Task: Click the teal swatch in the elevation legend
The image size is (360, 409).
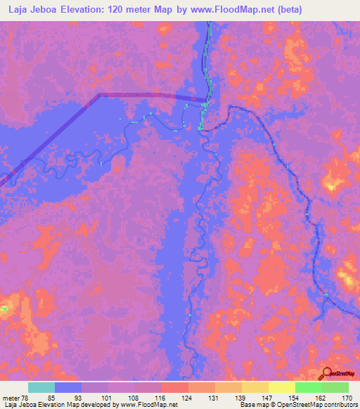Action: tap(41, 387)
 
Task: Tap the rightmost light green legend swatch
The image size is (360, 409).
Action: tap(335, 387)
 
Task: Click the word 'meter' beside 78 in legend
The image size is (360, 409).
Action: tap(11, 398)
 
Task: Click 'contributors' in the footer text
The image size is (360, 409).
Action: tap(340, 405)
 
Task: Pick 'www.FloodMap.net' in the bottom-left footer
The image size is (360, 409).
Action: tap(146, 405)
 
